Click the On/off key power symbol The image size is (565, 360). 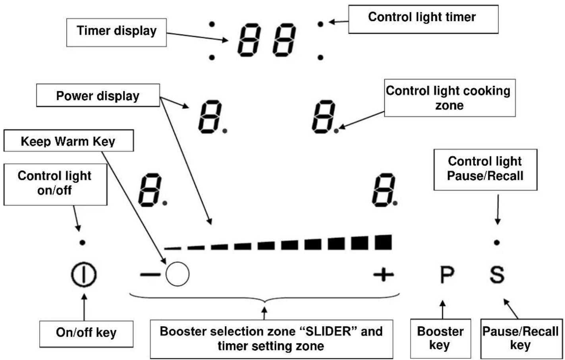click(x=83, y=275)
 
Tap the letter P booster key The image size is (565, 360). click(x=447, y=275)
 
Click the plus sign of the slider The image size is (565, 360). click(x=383, y=274)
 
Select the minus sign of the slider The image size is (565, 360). click(x=150, y=274)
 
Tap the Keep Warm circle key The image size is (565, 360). click(x=177, y=274)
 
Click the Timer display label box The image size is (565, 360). click(x=116, y=32)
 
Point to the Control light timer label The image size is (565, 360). click(x=423, y=18)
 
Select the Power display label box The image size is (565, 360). click(x=98, y=96)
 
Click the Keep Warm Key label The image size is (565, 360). click(x=68, y=141)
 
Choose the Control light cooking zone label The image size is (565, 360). click(x=449, y=98)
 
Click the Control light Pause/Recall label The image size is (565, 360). click(x=485, y=169)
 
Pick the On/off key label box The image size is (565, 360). click(x=86, y=333)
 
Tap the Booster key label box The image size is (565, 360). click(x=440, y=338)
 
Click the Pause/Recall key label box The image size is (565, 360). click(x=520, y=338)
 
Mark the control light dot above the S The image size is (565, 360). click(x=497, y=242)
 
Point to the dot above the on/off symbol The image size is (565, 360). click(x=82, y=242)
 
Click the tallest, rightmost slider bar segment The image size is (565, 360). click(x=383, y=242)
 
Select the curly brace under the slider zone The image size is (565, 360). click(x=265, y=299)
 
